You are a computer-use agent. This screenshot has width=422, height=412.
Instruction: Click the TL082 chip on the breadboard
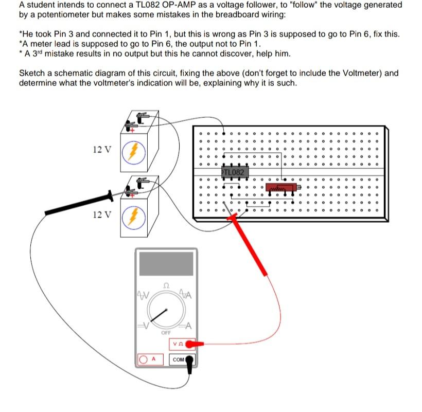coord(235,171)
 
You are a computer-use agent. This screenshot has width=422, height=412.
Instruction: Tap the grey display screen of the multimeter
coord(166,263)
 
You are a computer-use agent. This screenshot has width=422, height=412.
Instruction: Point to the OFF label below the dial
coord(165,333)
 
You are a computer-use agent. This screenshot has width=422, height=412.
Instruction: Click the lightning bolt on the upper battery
coord(133,151)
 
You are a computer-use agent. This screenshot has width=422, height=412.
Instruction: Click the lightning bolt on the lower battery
coord(133,217)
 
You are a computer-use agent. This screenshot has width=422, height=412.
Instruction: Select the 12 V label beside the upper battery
coord(101,150)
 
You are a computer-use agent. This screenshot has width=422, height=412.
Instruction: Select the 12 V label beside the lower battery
coord(101,214)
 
